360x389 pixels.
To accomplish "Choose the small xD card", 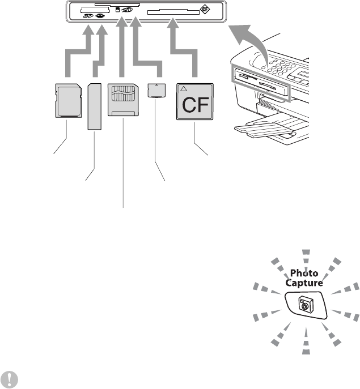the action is coord(155,89).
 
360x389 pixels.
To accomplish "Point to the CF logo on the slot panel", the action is coord(205,10).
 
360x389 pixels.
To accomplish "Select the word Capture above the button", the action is coord(305,282).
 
